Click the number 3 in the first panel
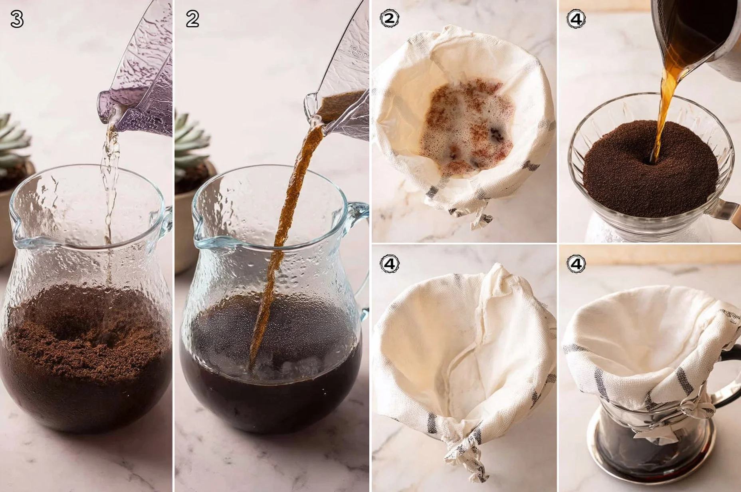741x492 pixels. pos(16,19)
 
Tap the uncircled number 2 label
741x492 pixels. pos(192,19)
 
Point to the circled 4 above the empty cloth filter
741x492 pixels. pos(390,264)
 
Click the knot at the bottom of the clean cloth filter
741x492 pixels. pos(465,451)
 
